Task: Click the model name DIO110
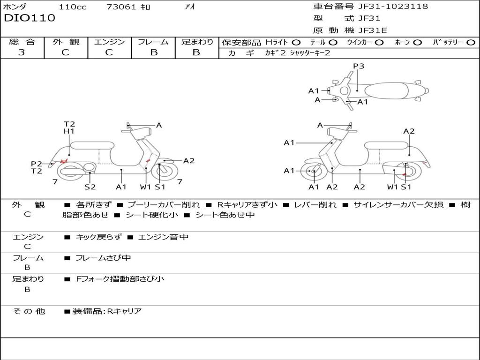point(30,18)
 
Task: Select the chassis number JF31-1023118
point(393,6)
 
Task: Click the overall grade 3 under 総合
point(22,52)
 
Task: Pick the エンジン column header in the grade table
point(109,42)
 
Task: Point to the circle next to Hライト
point(296,43)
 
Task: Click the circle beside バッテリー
point(471,43)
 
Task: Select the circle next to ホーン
point(417,43)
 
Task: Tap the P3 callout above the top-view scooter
point(359,66)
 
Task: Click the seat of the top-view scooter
point(386,91)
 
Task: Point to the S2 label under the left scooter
point(90,187)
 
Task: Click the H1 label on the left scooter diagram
point(69,131)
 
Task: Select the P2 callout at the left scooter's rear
point(37,164)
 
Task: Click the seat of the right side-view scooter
point(387,146)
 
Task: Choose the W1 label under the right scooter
point(393,187)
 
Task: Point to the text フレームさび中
point(103,258)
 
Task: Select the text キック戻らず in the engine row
point(98,237)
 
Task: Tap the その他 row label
point(29,311)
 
